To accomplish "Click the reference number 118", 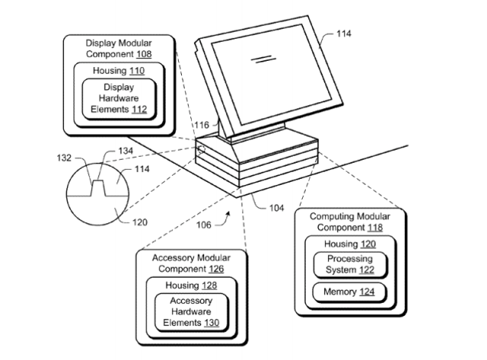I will [x=372, y=227].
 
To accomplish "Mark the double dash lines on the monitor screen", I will [x=262, y=56].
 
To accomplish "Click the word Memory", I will [x=336, y=292].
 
